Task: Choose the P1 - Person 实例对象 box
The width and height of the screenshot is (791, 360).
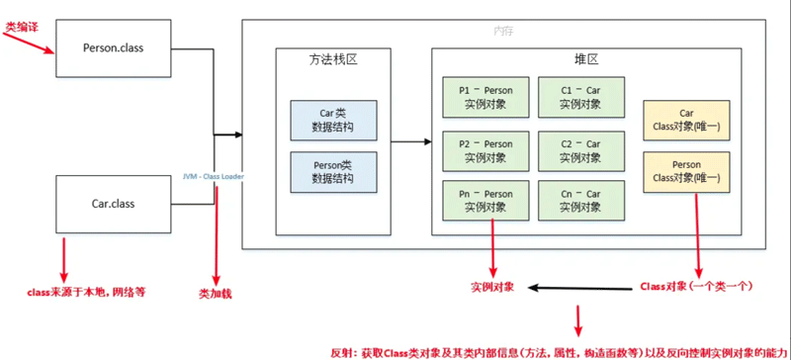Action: [485, 96]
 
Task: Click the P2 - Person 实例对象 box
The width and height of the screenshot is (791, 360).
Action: [485, 150]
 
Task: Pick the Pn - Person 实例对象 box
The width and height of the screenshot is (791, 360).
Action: [485, 202]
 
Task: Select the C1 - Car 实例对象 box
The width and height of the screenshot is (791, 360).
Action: [580, 96]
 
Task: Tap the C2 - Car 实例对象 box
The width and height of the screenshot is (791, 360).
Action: [580, 150]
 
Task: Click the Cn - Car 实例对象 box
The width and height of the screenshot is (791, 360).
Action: [580, 202]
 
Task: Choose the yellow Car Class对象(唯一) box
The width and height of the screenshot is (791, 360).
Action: [686, 121]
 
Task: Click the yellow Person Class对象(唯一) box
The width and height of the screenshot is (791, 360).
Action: [686, 172]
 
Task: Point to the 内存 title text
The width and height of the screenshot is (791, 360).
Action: [504, 31]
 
